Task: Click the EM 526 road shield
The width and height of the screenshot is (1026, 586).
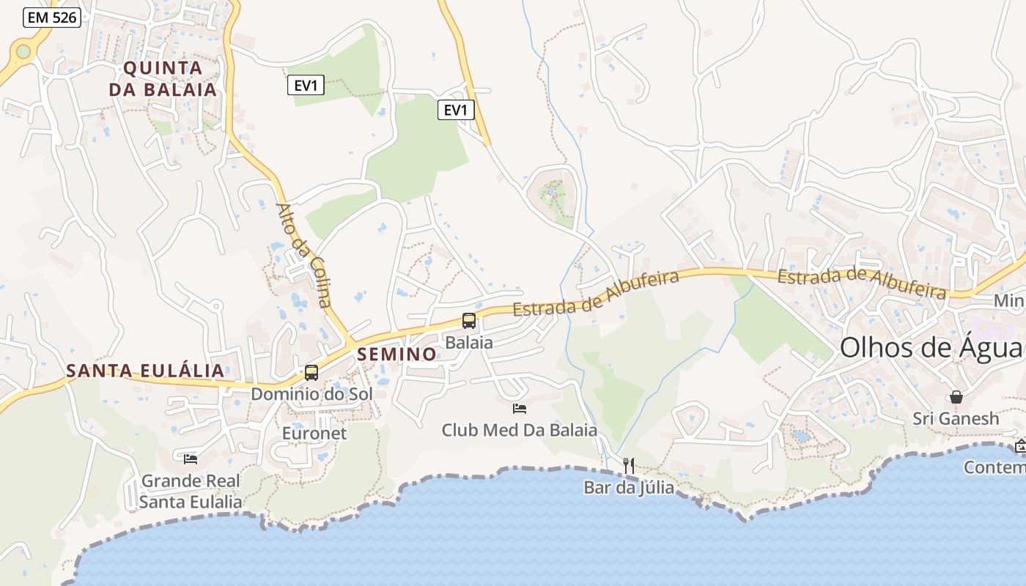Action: click(x=51, y=18)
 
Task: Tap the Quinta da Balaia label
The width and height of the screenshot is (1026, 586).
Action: click(x=163, y=79)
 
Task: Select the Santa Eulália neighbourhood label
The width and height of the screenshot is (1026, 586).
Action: click(x=145, y=371)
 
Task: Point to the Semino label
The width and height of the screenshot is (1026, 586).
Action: click(x=396, y=355)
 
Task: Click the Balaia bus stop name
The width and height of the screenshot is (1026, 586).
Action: click(x=469, y=342)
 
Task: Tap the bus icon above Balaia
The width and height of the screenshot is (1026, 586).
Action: click(x=469, y=320)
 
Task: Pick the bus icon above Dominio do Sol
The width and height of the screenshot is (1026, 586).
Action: click(x=311, y=372)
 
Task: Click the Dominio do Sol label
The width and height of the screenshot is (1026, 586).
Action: click(x=311, y=394)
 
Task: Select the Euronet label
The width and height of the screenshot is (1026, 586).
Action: click(x=314, y=434)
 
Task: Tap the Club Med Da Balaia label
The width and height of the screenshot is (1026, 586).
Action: click(x=519, y=430)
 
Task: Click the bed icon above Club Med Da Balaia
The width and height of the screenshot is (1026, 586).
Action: click(x=520, y=408)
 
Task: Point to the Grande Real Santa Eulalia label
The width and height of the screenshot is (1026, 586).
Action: click(x=191, y=492)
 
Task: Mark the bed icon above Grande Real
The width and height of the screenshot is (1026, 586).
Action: click(x=191, y=459)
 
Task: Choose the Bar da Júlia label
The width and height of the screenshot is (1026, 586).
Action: click(x=629, y=487)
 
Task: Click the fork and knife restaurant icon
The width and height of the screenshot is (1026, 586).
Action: click(x=629, y=465)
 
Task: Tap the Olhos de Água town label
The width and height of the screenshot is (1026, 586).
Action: click(x=931, y=347)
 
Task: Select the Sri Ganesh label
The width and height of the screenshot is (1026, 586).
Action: click(x=956, y=419)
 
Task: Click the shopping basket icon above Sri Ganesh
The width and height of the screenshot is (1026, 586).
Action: click(x=956, y=397)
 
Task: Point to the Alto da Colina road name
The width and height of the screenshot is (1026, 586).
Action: click(x=303, y=254)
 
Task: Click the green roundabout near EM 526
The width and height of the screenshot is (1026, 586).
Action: click(x=23, y=51)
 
